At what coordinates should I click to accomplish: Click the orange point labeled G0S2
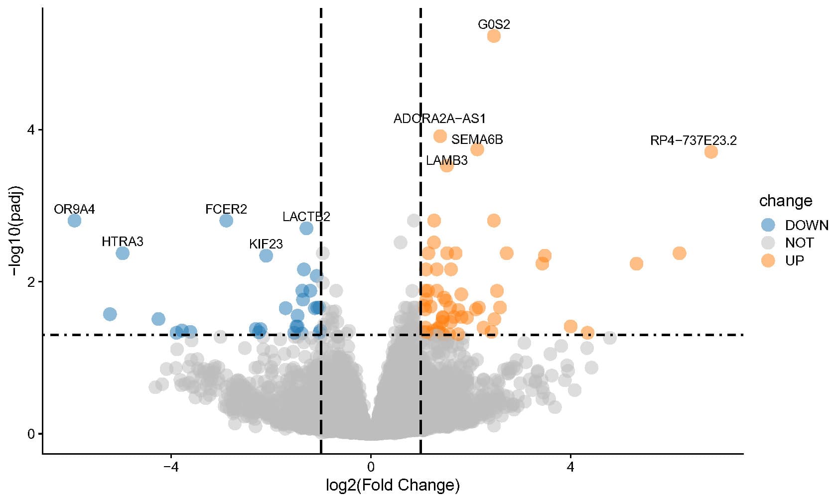(493, 36)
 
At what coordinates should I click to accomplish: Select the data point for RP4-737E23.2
(711, 152)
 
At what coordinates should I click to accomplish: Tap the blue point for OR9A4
(74, 220)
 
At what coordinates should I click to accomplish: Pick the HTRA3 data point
(123, 253)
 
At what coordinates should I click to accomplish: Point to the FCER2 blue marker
(226, 220)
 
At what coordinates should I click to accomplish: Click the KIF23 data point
(266, 255)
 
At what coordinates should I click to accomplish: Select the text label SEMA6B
(477, 139)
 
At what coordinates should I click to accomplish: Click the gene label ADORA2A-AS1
(439, 119)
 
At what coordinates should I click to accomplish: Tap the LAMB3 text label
(446, 160)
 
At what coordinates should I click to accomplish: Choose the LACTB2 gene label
(306, 217)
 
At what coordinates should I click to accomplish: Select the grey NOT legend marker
(768, 243)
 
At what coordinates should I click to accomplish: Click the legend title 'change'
(785, 201)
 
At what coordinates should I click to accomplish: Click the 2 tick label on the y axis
(31, 282)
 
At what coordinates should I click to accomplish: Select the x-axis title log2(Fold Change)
(393, 485)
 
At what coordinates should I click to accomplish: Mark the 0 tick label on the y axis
(31, 434)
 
